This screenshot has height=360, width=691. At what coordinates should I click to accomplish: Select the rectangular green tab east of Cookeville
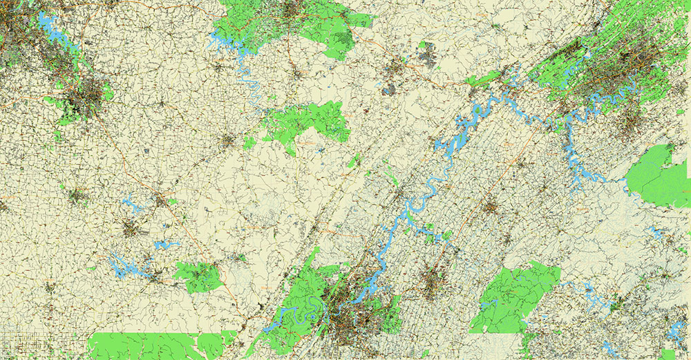point(359,20)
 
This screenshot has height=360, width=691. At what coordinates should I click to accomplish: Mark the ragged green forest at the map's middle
point(307,121)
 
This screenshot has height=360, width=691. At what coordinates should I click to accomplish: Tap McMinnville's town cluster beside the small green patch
point(228,141)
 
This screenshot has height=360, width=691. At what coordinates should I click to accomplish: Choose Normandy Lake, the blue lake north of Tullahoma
point(131,203)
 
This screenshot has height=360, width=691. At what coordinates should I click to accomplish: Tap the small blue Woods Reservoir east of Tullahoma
point(166,245)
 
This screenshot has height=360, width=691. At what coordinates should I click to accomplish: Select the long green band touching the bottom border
point(159,345)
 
